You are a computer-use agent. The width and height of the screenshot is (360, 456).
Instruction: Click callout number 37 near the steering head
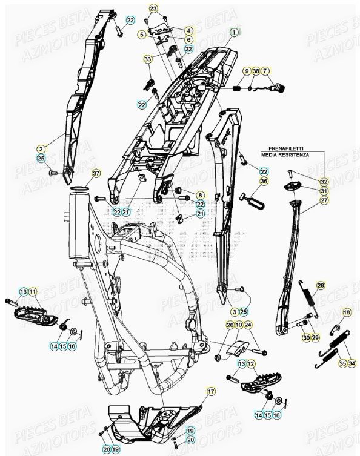coord(96,173)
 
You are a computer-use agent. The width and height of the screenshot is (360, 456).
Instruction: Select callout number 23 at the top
coord(153,8)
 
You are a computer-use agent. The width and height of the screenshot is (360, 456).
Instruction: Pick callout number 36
coord(264,181)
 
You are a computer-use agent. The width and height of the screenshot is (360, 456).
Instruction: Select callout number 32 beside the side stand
coord(324,182)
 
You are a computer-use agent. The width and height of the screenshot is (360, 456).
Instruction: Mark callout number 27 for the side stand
coord(324,200)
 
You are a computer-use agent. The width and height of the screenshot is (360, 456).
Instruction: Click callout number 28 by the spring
coord(321,285)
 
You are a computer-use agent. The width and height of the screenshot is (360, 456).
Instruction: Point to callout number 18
coord(347,312)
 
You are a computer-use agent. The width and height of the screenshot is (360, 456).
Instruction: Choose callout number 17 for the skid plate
coord(211,392)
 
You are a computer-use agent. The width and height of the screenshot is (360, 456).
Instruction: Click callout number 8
coord(201,194)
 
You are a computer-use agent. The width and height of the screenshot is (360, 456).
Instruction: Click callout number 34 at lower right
coord(352,363)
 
